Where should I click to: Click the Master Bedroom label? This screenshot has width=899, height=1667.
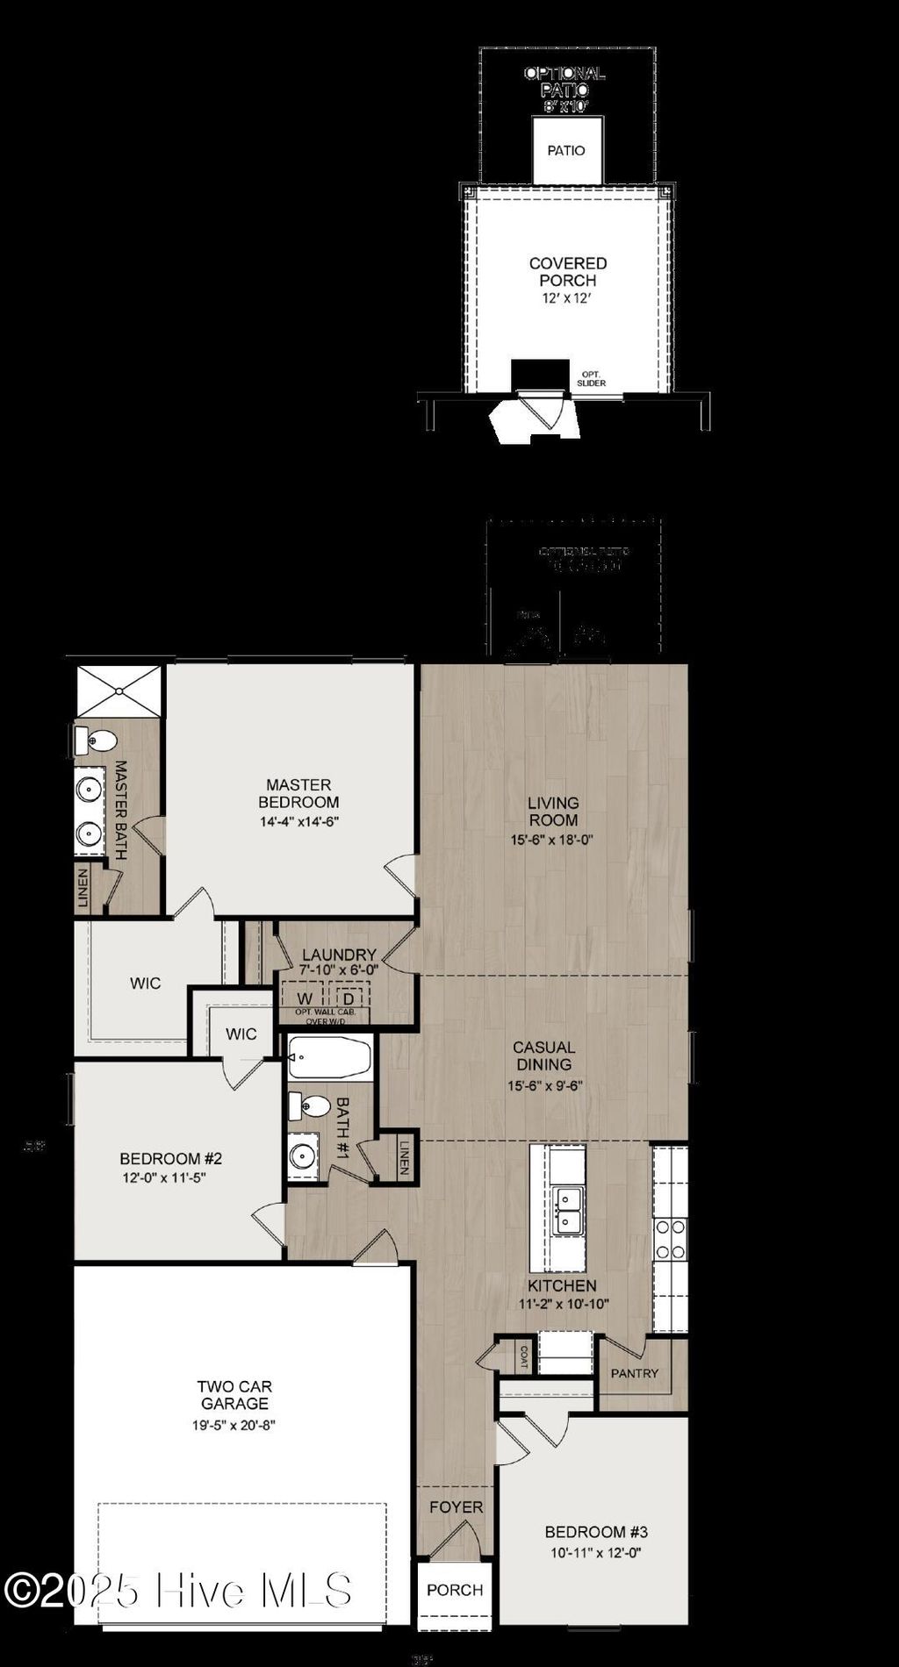[x=298, y=793]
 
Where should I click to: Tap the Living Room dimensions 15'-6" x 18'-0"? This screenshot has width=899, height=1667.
[x=553, y=840]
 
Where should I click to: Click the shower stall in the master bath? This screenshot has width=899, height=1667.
[x=119, y=690]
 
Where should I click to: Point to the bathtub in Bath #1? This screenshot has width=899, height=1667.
[x=329, y=1057]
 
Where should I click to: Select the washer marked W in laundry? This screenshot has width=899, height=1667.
[x=305, y=998]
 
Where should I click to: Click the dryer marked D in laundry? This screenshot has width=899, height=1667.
[x=349, y=998]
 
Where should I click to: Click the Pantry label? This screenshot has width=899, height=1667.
[x=634, y=1373]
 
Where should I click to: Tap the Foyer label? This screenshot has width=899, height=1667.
[x=456, y=1507]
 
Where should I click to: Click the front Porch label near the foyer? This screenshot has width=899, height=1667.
[x=455, y=1590]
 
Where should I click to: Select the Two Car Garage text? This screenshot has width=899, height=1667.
[x=234, y=1395]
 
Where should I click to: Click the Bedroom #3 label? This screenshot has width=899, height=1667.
[x=596, y=1532]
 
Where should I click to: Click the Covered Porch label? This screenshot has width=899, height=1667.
[x=568, y=272]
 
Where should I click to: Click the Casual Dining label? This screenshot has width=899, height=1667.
[x=544, y=1055]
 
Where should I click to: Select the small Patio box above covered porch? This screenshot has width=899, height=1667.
[x=566, y=151]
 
